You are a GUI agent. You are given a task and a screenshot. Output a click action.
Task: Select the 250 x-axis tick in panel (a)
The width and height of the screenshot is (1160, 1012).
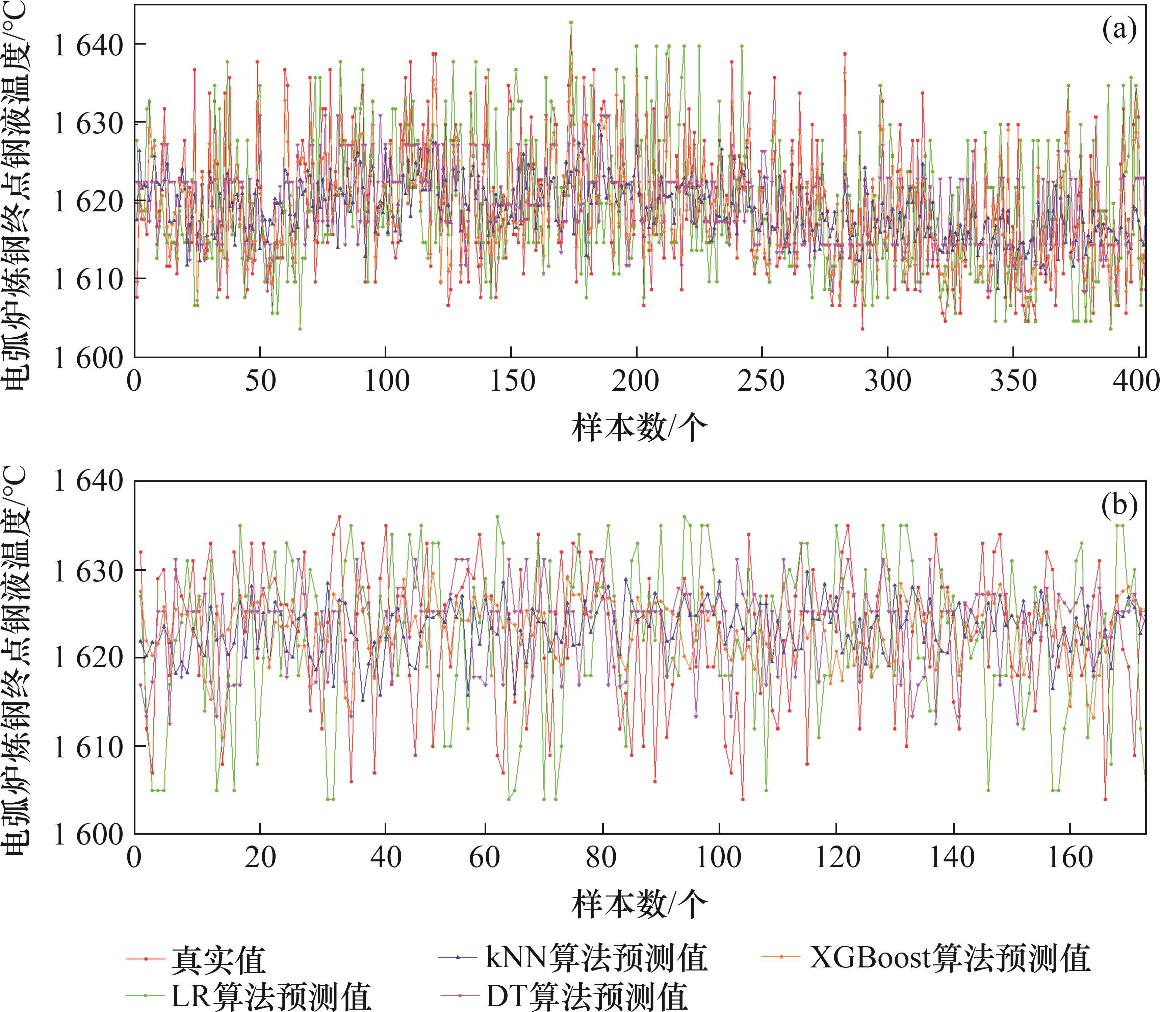tap(762, 382)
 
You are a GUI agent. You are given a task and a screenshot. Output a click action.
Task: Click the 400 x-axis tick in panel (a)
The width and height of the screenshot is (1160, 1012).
tap(1135, 382)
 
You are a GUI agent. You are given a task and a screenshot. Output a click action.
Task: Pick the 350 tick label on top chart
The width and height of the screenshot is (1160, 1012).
tap(1013, 382)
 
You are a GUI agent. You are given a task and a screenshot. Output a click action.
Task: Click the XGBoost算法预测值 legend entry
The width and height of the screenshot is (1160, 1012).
tap(949, 957)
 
